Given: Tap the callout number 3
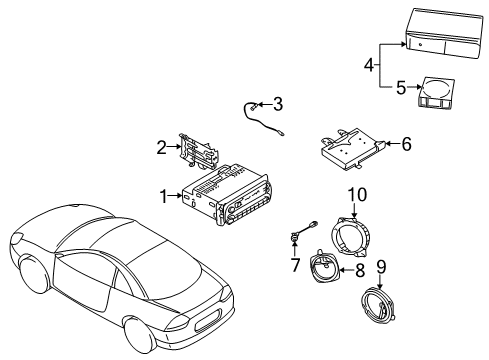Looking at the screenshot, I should pyautogui.click(x=278, y=104).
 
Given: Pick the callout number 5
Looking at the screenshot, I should pyautogui.click(x=400, y=88).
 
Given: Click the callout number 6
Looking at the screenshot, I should pyautogui.click(x=405, y=144).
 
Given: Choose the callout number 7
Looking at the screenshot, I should pyautogui.click(x=296, y=265).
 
